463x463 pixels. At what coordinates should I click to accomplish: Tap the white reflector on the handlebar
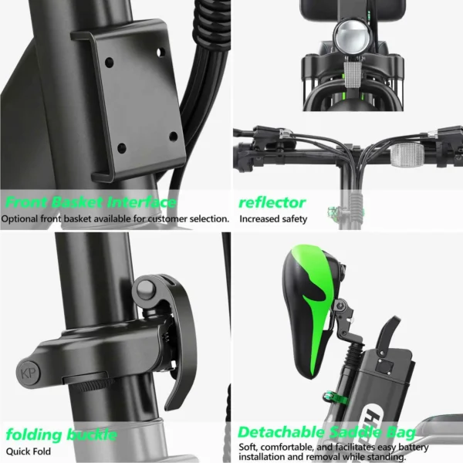407,154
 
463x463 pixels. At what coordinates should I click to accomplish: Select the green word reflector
272,203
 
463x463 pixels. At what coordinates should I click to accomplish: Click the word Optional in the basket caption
22,218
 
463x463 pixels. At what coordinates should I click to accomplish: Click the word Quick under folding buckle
19,451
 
